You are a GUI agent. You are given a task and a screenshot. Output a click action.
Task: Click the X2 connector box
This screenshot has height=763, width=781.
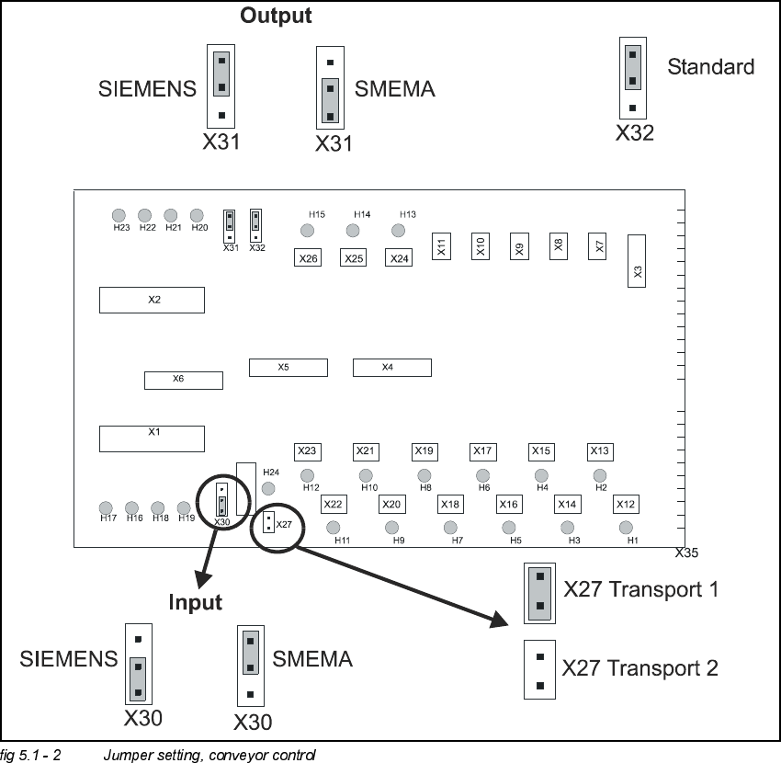pos(152,300)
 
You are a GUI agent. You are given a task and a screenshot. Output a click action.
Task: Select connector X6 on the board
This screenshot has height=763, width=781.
pos(183,380)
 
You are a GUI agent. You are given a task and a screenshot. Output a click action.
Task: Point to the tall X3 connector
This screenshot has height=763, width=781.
pos(638,260)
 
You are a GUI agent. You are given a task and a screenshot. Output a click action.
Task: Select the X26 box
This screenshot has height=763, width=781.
pos(308,258)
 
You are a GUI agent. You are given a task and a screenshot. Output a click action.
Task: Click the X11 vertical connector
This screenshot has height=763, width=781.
pos(441,246)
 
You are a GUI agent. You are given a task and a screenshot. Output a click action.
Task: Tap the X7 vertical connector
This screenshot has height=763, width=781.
pos(599,246)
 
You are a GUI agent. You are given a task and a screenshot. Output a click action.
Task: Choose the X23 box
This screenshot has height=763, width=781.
pos(307,451)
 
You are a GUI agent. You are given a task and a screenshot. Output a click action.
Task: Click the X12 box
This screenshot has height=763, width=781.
pos(626,505)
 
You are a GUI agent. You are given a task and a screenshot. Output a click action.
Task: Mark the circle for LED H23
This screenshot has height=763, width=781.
pos(119,215)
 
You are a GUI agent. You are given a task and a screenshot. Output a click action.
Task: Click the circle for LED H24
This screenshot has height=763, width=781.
pos(269,489)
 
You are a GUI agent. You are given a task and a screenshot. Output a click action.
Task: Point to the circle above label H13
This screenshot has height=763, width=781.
pos(399,230)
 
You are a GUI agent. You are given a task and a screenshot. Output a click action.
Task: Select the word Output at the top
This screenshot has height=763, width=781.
pos(276,16)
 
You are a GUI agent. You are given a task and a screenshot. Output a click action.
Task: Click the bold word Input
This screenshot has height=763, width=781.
pos(195,602)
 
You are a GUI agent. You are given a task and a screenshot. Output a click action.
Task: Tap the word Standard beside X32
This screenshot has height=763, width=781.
pos(710,66)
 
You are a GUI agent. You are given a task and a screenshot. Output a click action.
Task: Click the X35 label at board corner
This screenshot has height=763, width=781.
pos(686,553)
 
